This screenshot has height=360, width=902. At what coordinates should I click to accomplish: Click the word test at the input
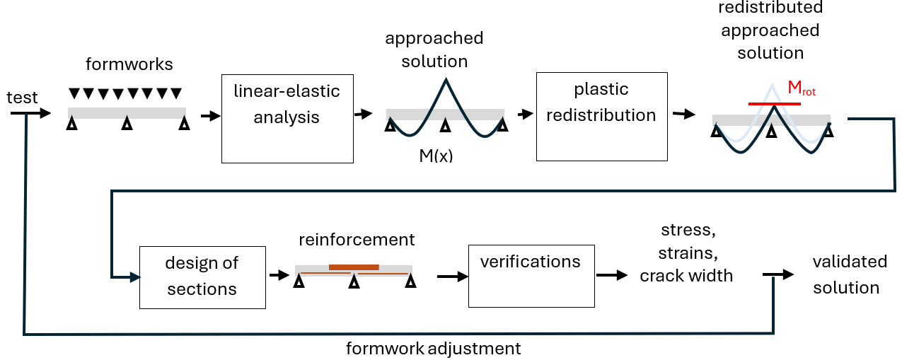tap(22, 98)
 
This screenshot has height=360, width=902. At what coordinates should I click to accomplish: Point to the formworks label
tap(129, 64)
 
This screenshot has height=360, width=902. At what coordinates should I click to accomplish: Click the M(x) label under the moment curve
tap(436, 156)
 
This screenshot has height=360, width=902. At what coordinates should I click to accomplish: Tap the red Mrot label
tap(802, 88)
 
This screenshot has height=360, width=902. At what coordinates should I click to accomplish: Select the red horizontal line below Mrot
tap(775, 104)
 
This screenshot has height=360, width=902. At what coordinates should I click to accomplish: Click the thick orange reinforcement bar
tap(354, 267)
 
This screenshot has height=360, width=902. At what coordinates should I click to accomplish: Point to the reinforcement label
tap(357, 240)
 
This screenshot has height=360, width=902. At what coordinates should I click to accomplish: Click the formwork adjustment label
tap(433, 349)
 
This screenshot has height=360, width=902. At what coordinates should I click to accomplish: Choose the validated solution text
tap(850, 274)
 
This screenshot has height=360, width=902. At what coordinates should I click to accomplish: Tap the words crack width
tap(686, 276)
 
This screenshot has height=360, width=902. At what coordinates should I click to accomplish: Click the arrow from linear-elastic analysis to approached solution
tap(363, 114)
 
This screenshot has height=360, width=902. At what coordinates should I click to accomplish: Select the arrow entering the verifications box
tap(453, 277)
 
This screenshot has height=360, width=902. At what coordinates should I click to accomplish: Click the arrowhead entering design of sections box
tap(135, 277)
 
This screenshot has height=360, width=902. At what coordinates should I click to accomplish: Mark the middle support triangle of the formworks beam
tap(127, 123)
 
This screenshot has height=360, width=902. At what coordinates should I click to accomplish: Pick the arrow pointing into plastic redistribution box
tap(526, 115)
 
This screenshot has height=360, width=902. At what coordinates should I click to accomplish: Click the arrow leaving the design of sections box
tap(279, 275)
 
